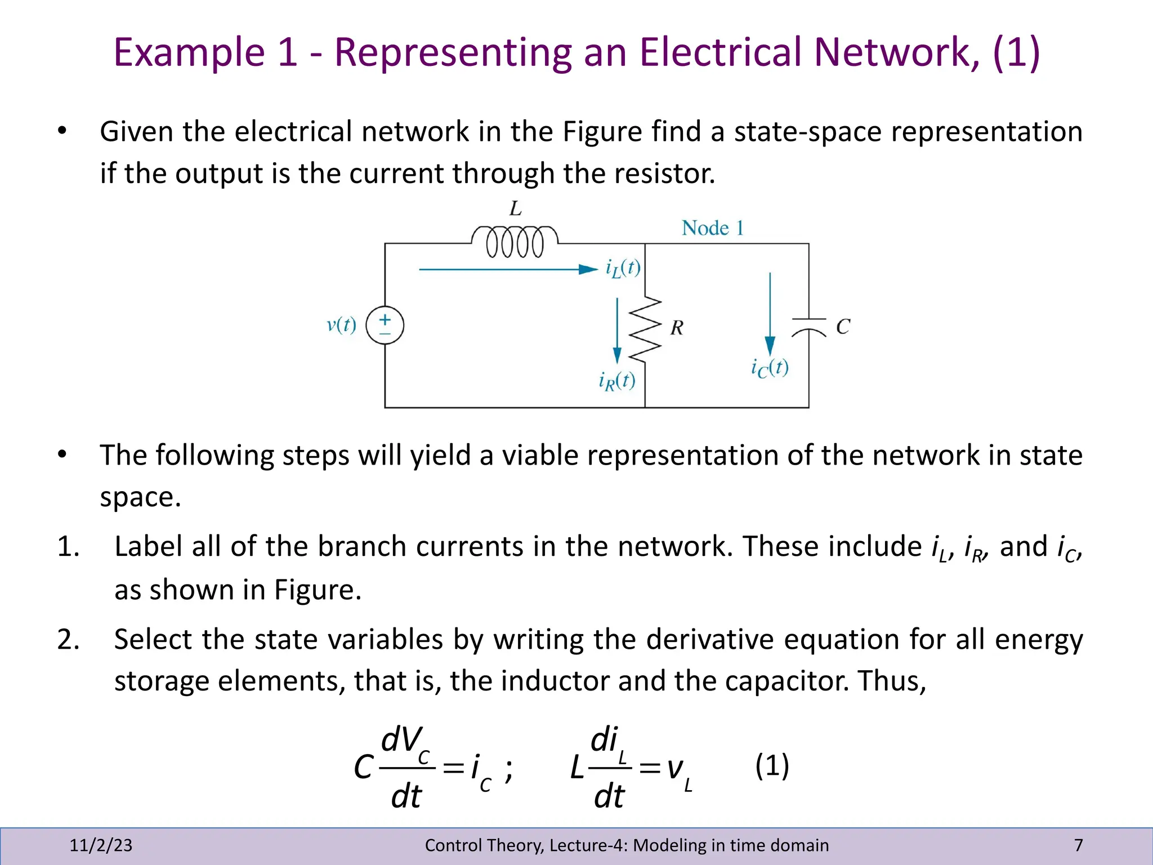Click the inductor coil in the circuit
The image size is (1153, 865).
pos(515,242)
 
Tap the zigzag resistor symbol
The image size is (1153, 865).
pos(645,328)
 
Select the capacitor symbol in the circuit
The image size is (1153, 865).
pos(809,327)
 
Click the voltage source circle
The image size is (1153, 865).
pos(385,326)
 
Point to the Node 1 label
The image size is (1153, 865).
pos(713,228)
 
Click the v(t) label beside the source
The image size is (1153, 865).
pos(341,325)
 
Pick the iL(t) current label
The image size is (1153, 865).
pos(623,268)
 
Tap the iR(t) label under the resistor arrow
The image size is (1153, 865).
pos(617,381)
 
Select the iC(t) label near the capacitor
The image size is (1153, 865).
pos(770,368)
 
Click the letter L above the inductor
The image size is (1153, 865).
pos(515,209)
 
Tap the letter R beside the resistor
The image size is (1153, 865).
pos(677,328)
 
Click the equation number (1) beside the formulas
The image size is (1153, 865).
pos(772,765)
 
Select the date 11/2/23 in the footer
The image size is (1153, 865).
pos(101,845)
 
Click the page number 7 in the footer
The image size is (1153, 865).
pos(1078,845)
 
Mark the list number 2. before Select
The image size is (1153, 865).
pos(68,640)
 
